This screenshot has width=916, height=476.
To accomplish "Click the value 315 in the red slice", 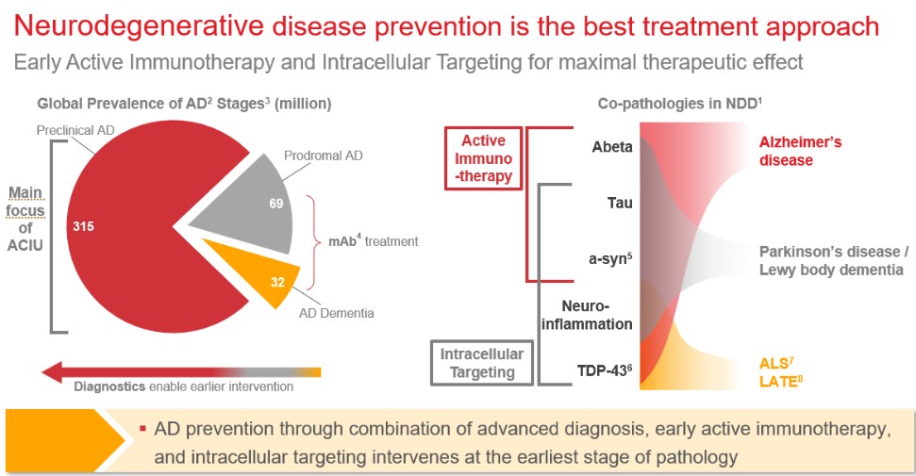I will tap(83, 227).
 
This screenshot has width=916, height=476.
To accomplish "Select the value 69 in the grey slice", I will tap(276, 204).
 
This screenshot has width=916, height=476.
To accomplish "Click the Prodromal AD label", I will tap(323, 155).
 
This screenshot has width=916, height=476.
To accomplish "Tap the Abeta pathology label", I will tap(612, 147).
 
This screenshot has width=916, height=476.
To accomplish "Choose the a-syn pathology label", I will tap(612, 255).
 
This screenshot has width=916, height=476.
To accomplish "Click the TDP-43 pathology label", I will tap(606, 369).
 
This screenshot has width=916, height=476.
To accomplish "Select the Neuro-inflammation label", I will tap(596, 315).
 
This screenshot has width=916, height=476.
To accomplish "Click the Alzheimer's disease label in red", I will tap(800, 151).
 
